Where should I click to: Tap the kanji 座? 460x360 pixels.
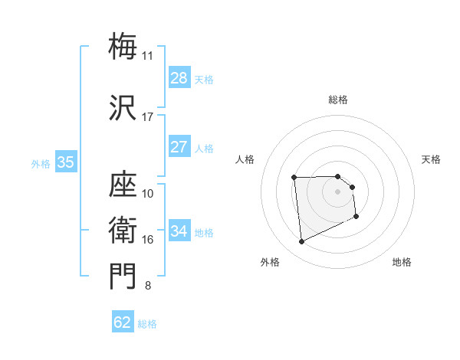point(123,184)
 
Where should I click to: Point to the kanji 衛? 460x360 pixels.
point(123,230)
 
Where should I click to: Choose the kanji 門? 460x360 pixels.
point(123,277)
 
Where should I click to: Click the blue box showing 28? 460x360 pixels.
point(179,78)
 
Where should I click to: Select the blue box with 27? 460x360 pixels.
point(179,147)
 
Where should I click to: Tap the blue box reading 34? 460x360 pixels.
point(179,231)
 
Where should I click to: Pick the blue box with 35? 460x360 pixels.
point(66,162)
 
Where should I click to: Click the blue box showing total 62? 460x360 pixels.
point(123,322)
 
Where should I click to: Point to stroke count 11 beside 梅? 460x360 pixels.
point(147,56)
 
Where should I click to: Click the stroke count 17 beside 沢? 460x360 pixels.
point(147,117)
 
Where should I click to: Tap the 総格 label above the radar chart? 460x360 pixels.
point(338,100)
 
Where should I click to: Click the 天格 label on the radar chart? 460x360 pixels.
point(431,159)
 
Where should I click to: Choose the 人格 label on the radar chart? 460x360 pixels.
point(245,159)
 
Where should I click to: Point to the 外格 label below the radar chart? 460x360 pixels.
point(270,262)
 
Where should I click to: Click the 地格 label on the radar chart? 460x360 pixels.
point(402,262)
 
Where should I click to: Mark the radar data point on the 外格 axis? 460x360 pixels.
point(302,242)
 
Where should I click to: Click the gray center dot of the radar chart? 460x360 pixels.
point(338,191)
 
